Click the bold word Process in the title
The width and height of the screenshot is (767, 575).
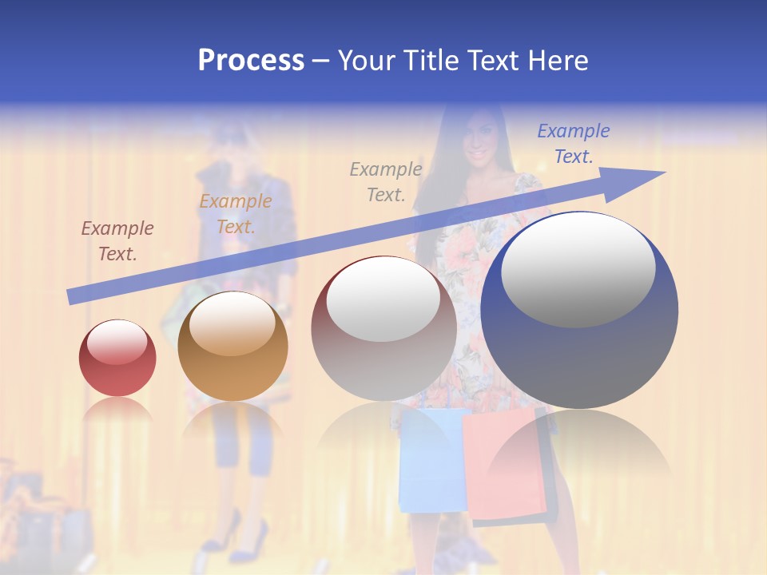pos(251,61)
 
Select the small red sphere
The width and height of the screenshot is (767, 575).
pos(117,359)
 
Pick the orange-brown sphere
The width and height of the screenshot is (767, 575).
pos(232,346)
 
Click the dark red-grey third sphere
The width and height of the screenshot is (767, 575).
pos(383,328)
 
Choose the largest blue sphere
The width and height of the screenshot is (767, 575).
pos(579,311)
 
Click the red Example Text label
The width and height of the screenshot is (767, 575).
pos(117,241)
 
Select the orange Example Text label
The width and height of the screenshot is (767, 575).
pos(236,214)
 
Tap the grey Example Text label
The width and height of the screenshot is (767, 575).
pos(386,181)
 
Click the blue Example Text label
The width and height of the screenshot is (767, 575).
pos(574,144)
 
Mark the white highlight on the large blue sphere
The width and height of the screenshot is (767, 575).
pos(578,269)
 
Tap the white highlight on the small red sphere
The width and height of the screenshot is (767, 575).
pos(117,342)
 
